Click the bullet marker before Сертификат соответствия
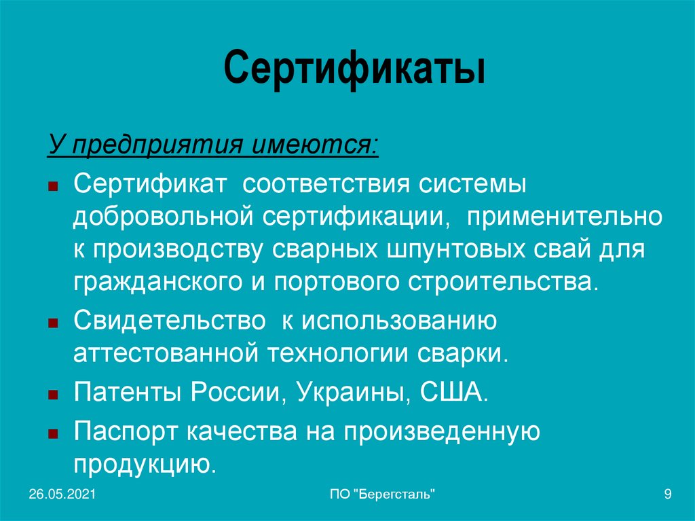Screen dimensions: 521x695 tap(53, 186)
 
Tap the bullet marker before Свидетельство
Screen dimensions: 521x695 tap(53, 324)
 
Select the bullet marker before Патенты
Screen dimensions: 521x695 tap(53, 395)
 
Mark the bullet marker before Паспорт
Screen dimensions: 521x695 tap(53, 433)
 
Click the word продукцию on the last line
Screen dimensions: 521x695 tap(145, 463)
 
